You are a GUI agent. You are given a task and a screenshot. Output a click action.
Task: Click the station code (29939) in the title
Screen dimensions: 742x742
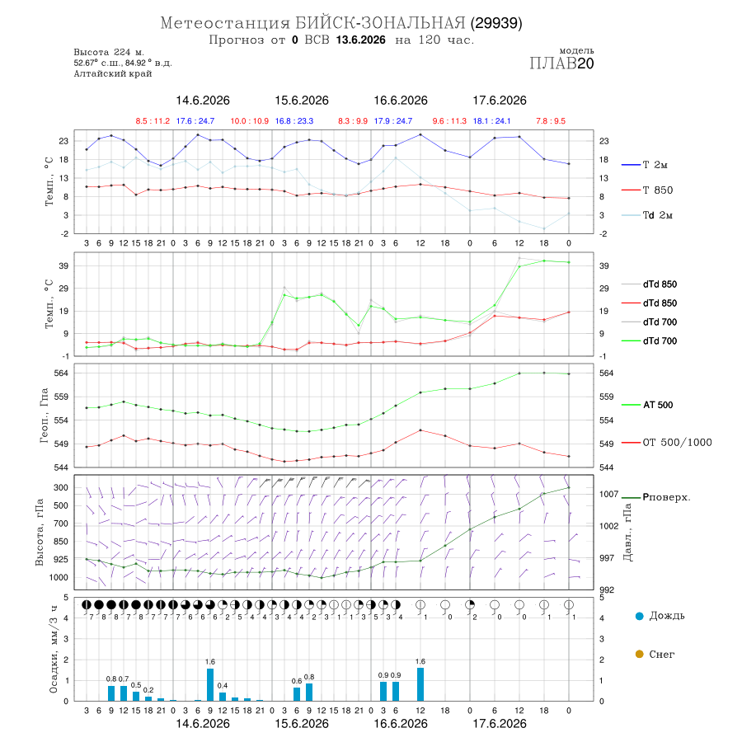pyautogui.click(x=496, y=23)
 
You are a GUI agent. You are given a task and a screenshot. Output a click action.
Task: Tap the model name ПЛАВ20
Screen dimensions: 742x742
pyautogui.click(x=561, y=63)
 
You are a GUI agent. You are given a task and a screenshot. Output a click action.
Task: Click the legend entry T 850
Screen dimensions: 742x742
pyautogui.click(x=647, y=190)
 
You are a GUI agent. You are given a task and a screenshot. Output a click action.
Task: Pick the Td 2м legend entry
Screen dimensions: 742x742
pyautogui.click(x=647, y=215)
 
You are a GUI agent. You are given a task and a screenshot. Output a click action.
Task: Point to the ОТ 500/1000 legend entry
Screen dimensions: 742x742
pyautogui.click(x=667, y=443)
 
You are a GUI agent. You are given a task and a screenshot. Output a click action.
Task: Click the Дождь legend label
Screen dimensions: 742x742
pyautogui.click(x=667, y=616)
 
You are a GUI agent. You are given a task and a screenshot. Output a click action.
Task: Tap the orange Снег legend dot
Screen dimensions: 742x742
pyautogui.click(x=639, y=654)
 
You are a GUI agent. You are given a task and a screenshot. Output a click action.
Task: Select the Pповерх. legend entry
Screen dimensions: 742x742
pyautogui.click(x=656, y=497)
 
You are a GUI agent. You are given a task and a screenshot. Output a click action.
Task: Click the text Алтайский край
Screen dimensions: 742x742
pyautogui.click(x=113, y=73)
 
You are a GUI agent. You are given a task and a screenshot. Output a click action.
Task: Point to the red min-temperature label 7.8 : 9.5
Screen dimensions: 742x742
pyautogui.click(x=551, y=121)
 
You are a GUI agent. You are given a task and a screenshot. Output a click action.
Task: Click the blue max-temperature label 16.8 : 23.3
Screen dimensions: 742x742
pyautogui.click(x=294, y=121)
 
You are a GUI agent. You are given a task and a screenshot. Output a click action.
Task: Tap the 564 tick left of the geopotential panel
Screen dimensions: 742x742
pyautogui.click(x=62, y=373)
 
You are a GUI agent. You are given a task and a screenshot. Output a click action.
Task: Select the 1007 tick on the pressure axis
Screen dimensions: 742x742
pyautogui.click(x=609, y=494)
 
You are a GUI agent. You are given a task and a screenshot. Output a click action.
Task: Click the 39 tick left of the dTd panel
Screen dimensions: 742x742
pyautogui.click(x=63, y=266)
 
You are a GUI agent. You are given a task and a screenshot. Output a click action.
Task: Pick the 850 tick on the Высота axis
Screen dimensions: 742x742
pyautogui.click(x=60, y=542)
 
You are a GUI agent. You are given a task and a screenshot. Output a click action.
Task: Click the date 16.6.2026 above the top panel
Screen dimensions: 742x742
pyautogui.click(x=401, y=101)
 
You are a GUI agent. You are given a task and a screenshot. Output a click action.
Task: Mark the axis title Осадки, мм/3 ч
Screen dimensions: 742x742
pyautogui.click(x=53, y=650)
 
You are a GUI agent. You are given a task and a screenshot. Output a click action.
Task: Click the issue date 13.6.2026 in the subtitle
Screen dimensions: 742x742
pyautogui.click(x=361, y=40)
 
